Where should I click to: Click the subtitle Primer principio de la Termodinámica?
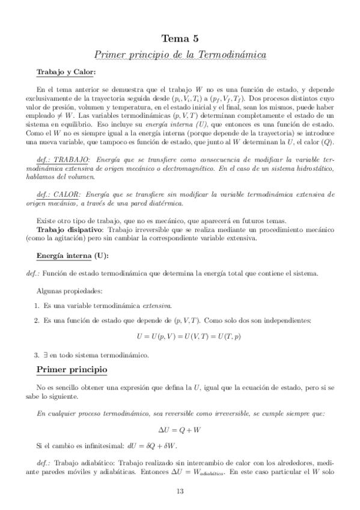180,54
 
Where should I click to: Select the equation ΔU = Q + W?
180,431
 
